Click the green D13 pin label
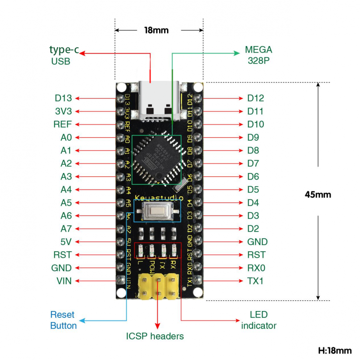click(63, 98)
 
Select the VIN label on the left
click(64, 281)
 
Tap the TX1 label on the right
click(255, 281)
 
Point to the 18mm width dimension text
click(156, 30)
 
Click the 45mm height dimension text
click(318, 195)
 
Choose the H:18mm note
click(335, 350)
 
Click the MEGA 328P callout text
click(258, 55)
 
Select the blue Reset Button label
click(63, 320)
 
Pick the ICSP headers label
click(155, 336)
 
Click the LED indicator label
click(258, 320)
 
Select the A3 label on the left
click(66, 176)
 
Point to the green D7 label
click(253, 163)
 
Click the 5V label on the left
click(66, 242)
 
